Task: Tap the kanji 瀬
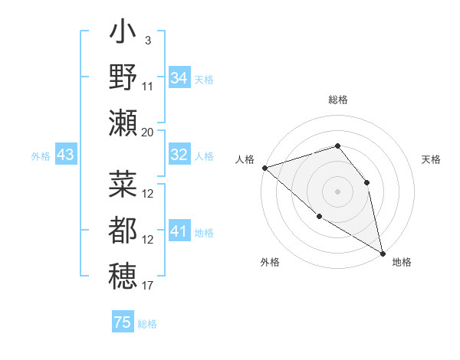tap(123, 123)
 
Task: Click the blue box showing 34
tap(179, 77)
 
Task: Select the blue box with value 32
tap(179, 155)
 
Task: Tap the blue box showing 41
tap(179, 231)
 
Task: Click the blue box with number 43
tap(65, 155)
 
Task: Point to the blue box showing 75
tap(123, 322)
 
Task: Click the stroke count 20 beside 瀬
tap(148, 132)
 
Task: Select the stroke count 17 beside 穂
tap(148, 286)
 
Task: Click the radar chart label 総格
tap(338, 100)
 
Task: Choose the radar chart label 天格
tap(431, 159)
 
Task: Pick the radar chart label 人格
tap(245, 159)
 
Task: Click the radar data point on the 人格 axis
tap(264, 167)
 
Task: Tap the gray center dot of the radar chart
tap(337, 191)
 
